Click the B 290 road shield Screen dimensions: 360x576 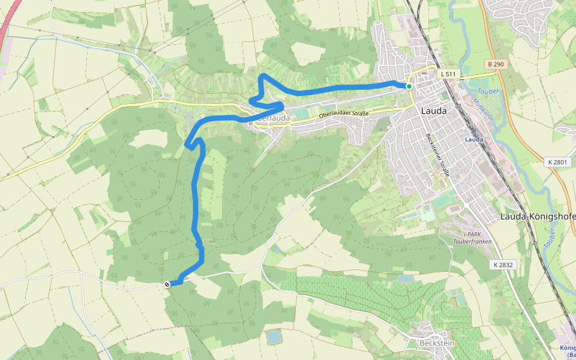pos(494,63)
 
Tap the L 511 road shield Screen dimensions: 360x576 pos(448,74)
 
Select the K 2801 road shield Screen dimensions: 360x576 pos(557,162)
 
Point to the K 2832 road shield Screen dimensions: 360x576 pos(503,264)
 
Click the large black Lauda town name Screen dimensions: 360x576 pos(434,110)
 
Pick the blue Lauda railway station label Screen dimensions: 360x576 pos(474,139)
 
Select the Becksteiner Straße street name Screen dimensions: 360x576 pos(437,155)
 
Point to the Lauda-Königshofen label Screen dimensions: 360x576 pos(538,216)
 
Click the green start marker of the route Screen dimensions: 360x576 pos(409,86)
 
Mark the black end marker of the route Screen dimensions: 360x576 pos(167,284)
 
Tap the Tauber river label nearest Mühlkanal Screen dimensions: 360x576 pos(489,91)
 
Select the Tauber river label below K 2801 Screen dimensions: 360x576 pos(548,237)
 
